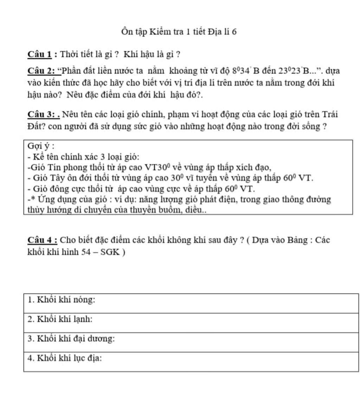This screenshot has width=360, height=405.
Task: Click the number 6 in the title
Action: pos(234,32)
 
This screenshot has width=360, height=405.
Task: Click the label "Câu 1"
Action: pos(40,55)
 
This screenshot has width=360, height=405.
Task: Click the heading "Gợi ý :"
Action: pos(40,146)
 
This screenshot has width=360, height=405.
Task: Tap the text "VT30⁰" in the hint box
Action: pos(157,167)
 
